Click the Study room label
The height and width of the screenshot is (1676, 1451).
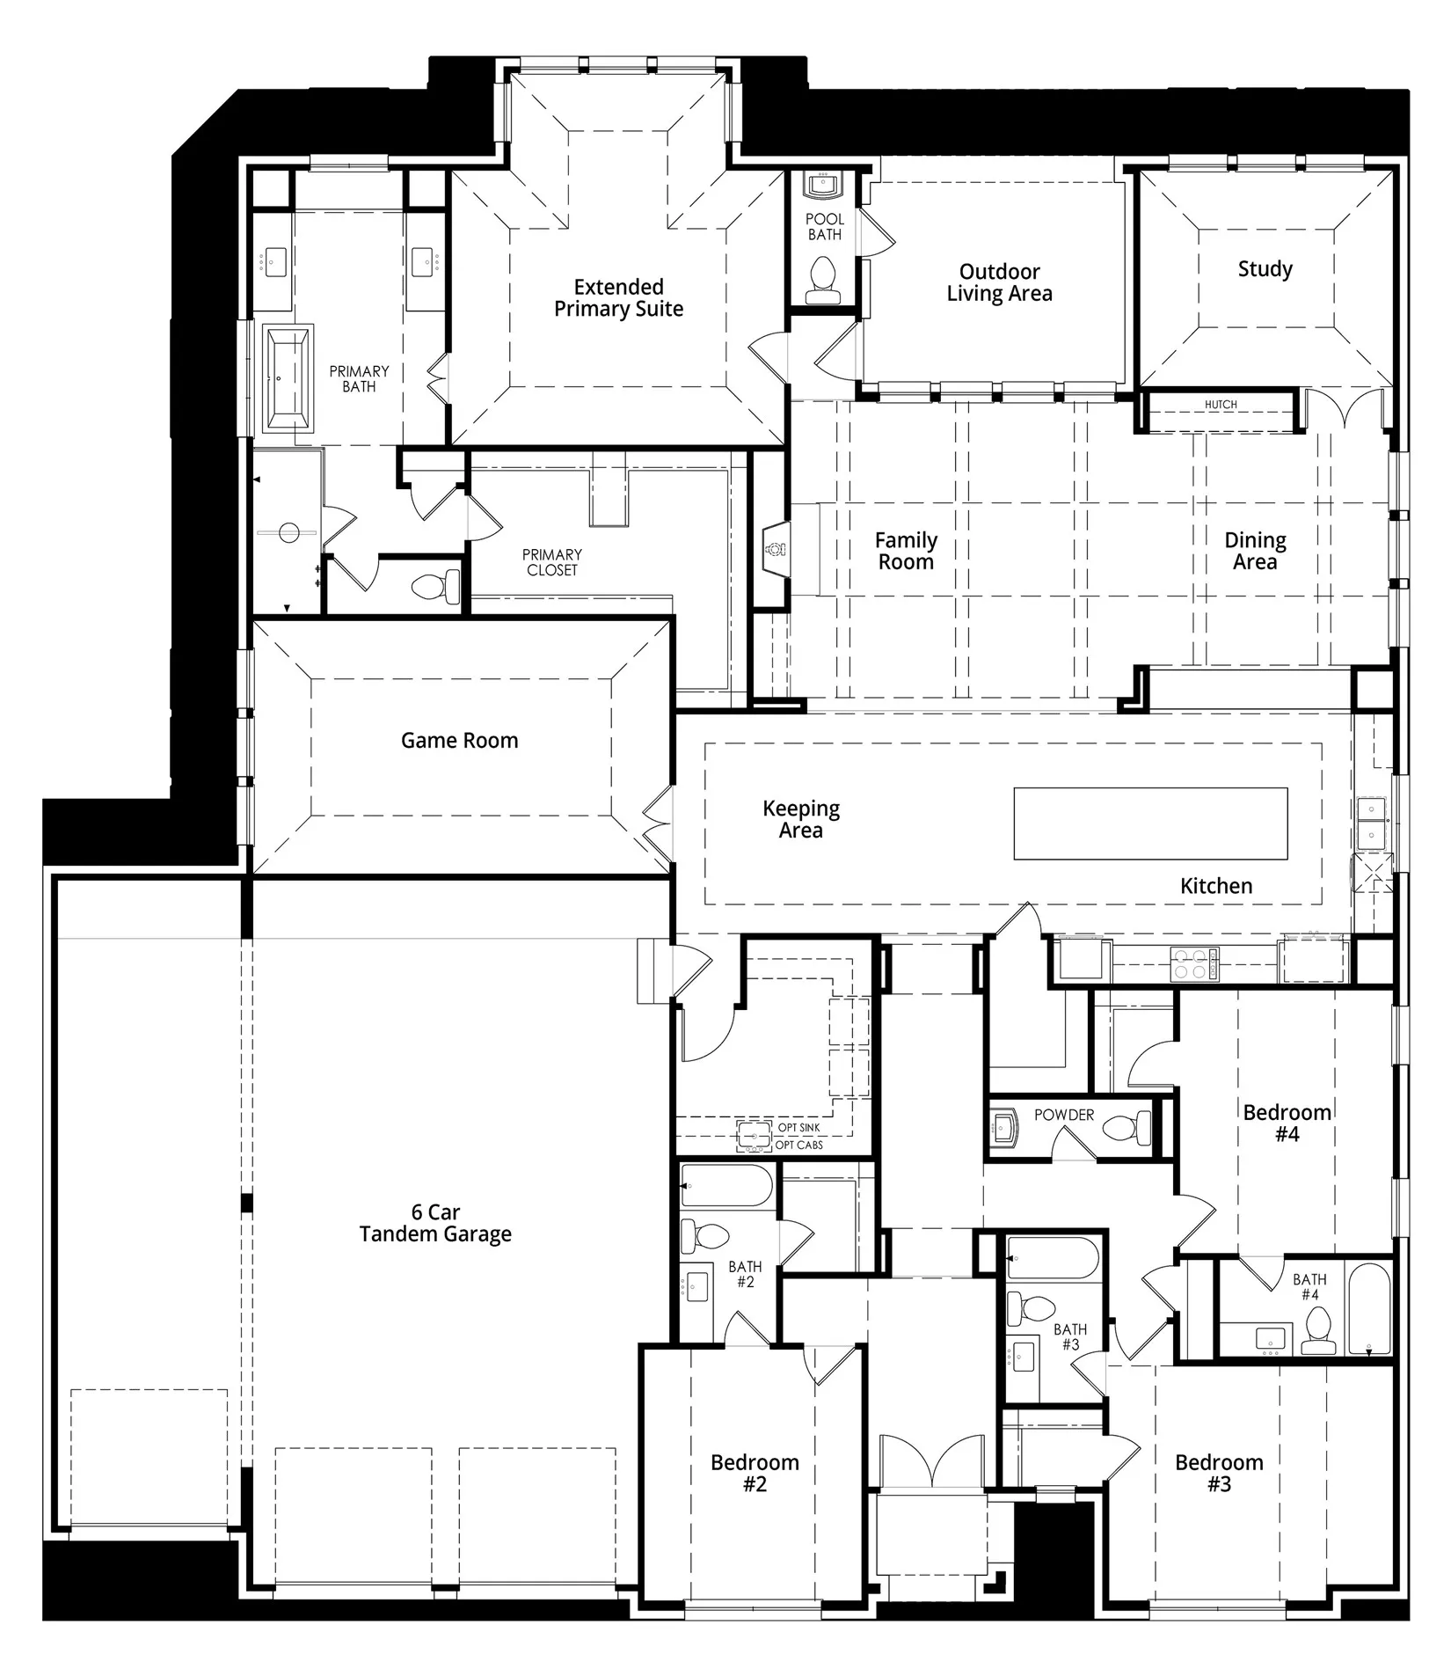pyautogui.click(x=1265, y=269)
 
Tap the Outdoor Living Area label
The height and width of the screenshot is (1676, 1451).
pyautogui.click(x=999, y=282)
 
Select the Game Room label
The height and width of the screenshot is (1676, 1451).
pyautogui.click(x=459, y=741)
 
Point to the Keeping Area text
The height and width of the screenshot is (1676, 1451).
pyautogui.click(x=800, y=819)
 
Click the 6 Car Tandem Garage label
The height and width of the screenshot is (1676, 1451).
pyautogui.click(x=435, y=1223)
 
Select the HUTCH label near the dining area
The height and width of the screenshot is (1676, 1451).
pyautogui.click(x=1221, y=405)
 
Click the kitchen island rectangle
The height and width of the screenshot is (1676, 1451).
pyautogui.click(x=1150, y=823)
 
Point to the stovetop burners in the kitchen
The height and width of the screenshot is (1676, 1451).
pyautogui.click(x=1194, y=963)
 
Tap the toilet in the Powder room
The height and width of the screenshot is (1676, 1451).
pyautogui.click(x=1127, y=1127)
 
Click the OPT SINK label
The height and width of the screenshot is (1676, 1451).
pyautogui.click(x=798, y=1128)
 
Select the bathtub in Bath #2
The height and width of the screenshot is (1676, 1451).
pyautogui.click(x=726, y=1185)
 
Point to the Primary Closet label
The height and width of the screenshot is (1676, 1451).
pyautogui.click(x=552, y=562)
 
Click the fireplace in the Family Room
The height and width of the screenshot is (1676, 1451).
pyautogui.click(x=775, y=549)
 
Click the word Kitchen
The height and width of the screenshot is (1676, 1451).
pyautogui.click(x=1216, y=886)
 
